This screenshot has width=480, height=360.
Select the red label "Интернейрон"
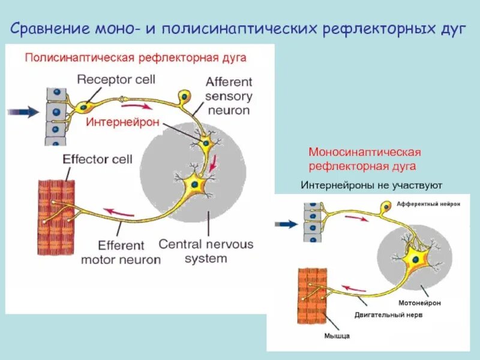pyautogui.click(x=122, y=122)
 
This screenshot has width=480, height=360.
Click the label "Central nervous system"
pyautogui.click(x=206, y=251)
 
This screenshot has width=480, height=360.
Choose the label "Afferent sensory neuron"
pyautogui.click(x=229, y=96)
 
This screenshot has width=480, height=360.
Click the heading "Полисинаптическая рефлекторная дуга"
pyautogui.click(x=135, y=58)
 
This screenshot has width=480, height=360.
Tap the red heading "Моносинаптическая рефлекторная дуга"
pyautogui.click(x=365, y=159)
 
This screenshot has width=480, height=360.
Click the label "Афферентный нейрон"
pyautogui.click(x=428, y=204)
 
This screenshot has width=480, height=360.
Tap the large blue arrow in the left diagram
pyautogui.click(x=23, y=112)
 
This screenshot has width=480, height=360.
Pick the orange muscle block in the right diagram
pyautogui.click(x=311, y=296)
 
